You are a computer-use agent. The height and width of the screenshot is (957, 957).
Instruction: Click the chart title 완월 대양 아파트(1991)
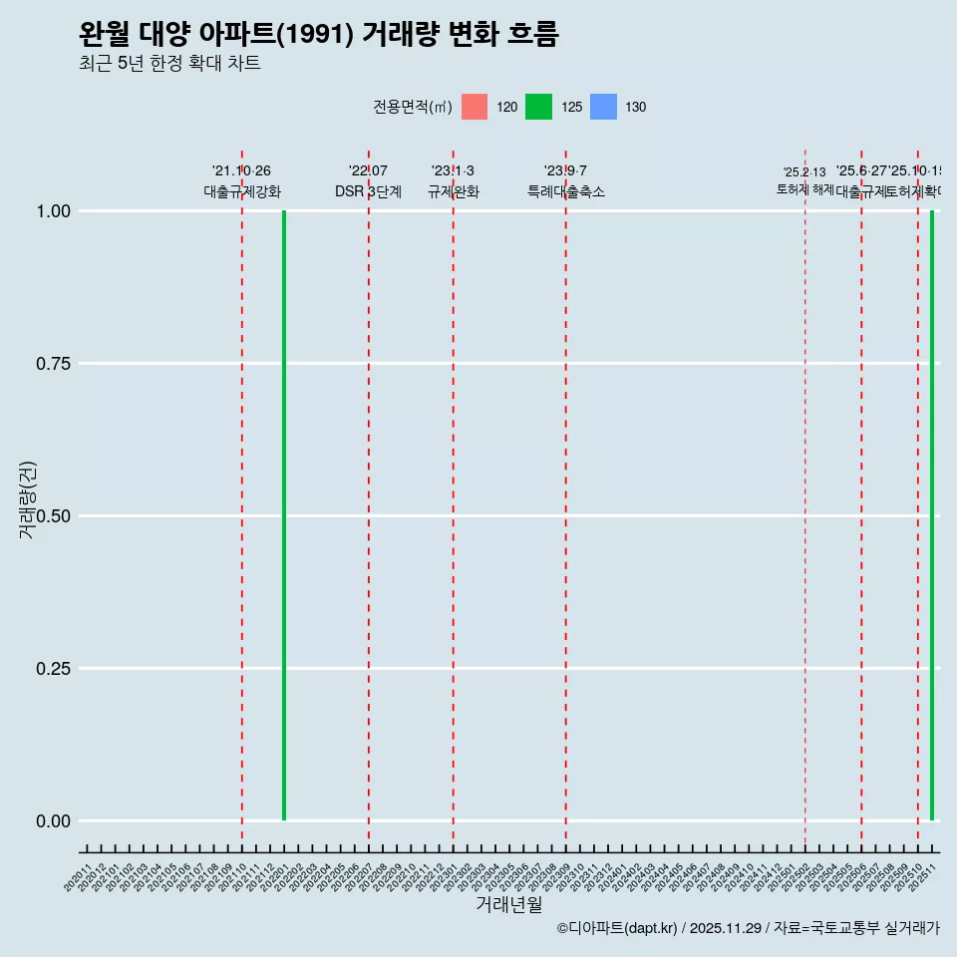(x=318, y=35)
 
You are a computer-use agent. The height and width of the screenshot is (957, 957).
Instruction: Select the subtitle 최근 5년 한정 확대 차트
(x=169, y=64)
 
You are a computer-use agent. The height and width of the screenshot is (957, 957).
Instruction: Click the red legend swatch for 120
(x=475, y=107)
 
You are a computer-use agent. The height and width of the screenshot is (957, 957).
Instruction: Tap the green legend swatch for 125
(x=538, y=107)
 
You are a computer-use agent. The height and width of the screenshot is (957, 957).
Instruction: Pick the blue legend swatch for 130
(x=603, y=107)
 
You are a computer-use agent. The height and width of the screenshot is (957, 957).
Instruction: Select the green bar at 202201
(x=284, y=515)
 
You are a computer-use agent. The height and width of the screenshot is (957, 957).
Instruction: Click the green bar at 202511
(x=932, y=515)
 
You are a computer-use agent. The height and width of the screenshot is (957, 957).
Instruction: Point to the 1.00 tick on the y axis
(x=54, y=211)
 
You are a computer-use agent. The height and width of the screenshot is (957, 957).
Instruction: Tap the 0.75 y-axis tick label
(x=54, y=364)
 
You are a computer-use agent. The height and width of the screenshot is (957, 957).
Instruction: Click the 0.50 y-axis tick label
(x=54, y=516)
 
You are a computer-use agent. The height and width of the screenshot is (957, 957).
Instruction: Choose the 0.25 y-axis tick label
(x=54, y=669)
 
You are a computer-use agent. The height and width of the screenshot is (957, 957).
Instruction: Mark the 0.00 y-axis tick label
(x=54, y=821)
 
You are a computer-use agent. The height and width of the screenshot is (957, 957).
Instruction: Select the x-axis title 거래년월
(x=509, y=905)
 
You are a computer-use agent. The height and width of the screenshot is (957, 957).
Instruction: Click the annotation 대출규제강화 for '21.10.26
(x=242, y=191)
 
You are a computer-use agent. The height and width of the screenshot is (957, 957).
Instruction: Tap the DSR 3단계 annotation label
(x=368, y=191)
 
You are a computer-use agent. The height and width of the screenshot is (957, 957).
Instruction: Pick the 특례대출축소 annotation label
(x=566, y=191)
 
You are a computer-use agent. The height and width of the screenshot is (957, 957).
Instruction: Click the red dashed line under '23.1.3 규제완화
(x=454, y=498)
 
